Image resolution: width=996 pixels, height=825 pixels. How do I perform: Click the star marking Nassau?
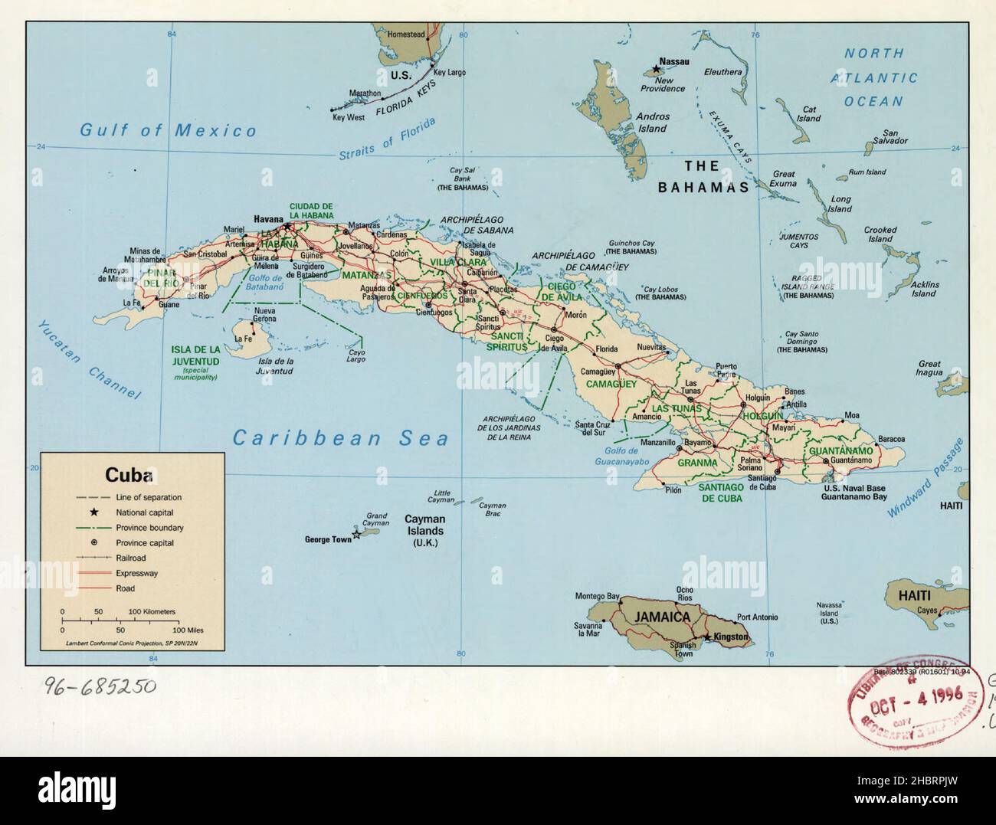pyautogui.click(x=656, y=70)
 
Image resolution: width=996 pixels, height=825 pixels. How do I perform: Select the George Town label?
pyautogui.click(x=328, y=539)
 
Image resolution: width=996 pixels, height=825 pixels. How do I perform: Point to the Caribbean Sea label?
pyautogui.click(x=340, y=438)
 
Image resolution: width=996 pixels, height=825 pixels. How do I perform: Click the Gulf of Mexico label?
pyautogui.click(x=169, y=130)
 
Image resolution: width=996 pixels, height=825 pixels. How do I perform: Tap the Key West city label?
pyautogui.click(x=348, y=118)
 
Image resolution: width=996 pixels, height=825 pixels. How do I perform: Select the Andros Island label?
pyautogui.click(x=652, y=123)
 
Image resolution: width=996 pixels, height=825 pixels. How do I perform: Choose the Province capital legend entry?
pyautogui.click(x=145, y=542)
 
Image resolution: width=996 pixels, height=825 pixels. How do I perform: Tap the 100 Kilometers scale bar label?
pyautogui.click(x=152, y=611)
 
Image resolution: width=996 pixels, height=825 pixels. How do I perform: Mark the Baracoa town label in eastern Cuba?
pyautogui.click(x=891, y=439)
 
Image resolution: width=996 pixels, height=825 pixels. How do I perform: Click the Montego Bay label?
pyautogui.click(x=597, y=596)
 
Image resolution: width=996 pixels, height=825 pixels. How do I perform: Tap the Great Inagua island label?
pyautogui.click(x=929, y=368)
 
